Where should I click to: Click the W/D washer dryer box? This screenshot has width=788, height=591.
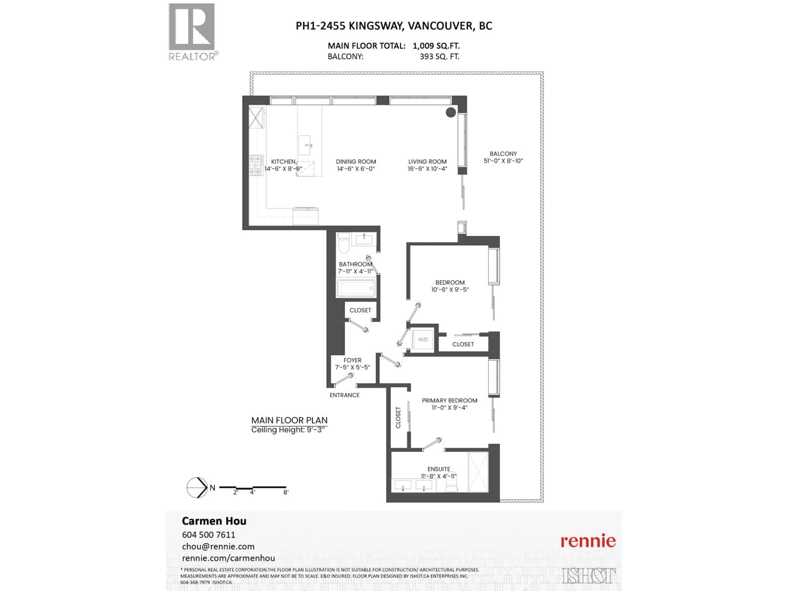click(x=423, y=339)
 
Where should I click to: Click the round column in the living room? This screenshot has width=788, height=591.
click(x=451, y=112)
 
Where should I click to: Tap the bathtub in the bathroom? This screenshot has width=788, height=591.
click(x=356, y=288)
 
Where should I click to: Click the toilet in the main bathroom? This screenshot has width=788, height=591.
click(x=344, y=242)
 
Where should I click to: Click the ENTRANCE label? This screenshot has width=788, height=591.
click(x=345, y=395)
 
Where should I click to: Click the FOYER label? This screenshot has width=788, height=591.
click(x=352, y=360)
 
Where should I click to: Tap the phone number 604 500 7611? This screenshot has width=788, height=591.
click(x=208, y=535)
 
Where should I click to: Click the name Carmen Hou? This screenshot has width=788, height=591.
click(x=214, y=521)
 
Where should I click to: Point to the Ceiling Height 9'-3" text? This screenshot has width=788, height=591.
click(x=288, y=430)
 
